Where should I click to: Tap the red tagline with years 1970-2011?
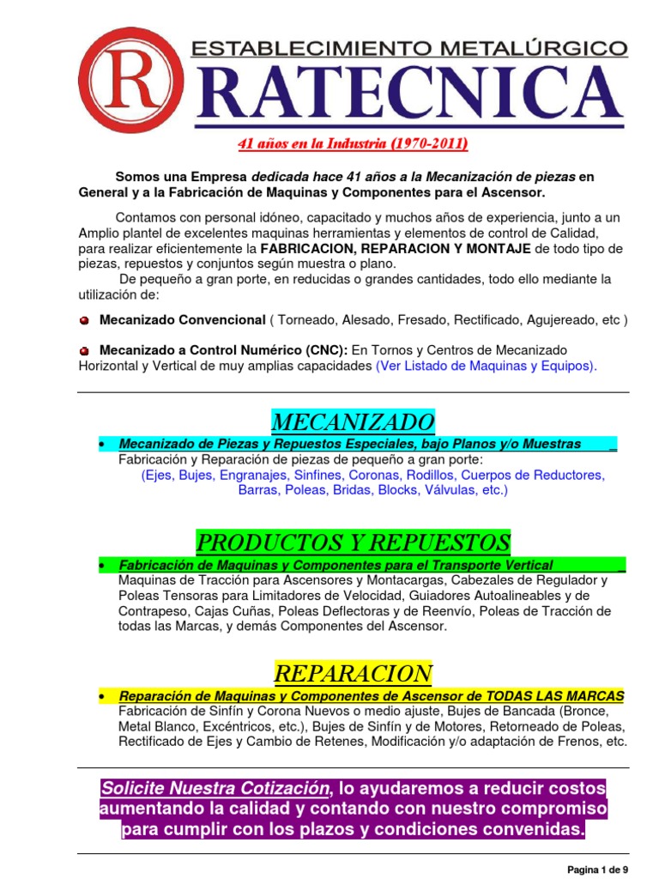(353, 143)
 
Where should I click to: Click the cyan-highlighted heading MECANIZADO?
(353, 421)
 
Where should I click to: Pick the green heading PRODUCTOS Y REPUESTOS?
(353, 543)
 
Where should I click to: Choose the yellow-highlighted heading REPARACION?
(353, 672)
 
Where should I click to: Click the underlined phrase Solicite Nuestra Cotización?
(213, 788)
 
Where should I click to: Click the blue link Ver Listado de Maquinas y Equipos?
(485, 366)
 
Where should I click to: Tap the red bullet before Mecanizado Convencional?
(84, 320)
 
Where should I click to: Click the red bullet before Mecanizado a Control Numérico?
(84, 350)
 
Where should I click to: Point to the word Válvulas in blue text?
(451, 490)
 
